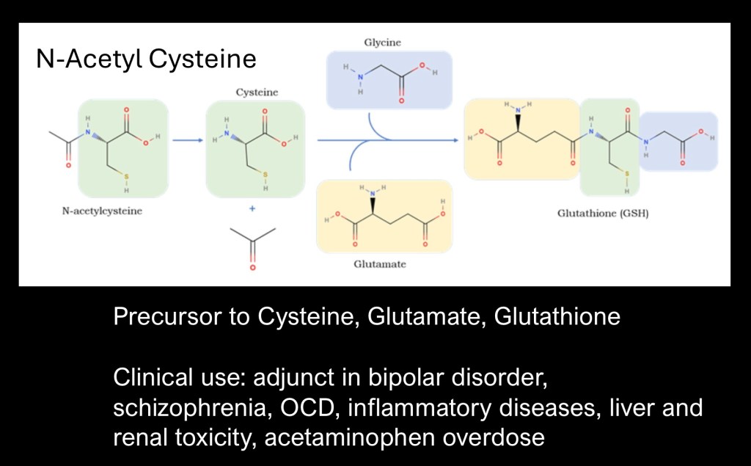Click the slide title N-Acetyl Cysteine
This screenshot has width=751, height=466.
coord(146,59)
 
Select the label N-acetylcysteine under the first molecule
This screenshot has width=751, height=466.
coord(102,211)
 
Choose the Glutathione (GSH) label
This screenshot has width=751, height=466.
coord(603,215)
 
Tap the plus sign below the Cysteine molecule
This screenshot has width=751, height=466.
coord(252,209)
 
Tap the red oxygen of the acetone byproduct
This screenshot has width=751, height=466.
coord(252,269)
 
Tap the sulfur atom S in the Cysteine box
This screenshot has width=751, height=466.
coord(265,174)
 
